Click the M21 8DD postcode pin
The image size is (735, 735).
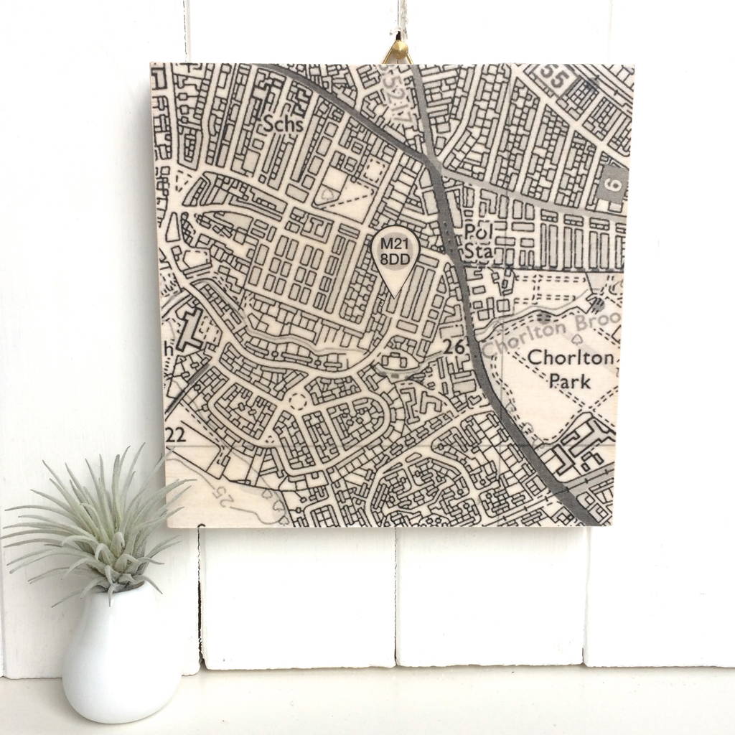click(x=396, y=255)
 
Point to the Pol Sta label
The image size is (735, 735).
click(x=477, y=241)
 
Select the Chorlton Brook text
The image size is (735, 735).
click(x=549, y=331)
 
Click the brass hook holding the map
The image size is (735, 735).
click(x=396, y=52)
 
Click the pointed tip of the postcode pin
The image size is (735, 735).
click(x=396, y=294)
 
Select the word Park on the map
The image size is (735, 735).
click(x=571, y=380)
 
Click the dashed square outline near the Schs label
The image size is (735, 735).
click(x=373, y=169)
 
